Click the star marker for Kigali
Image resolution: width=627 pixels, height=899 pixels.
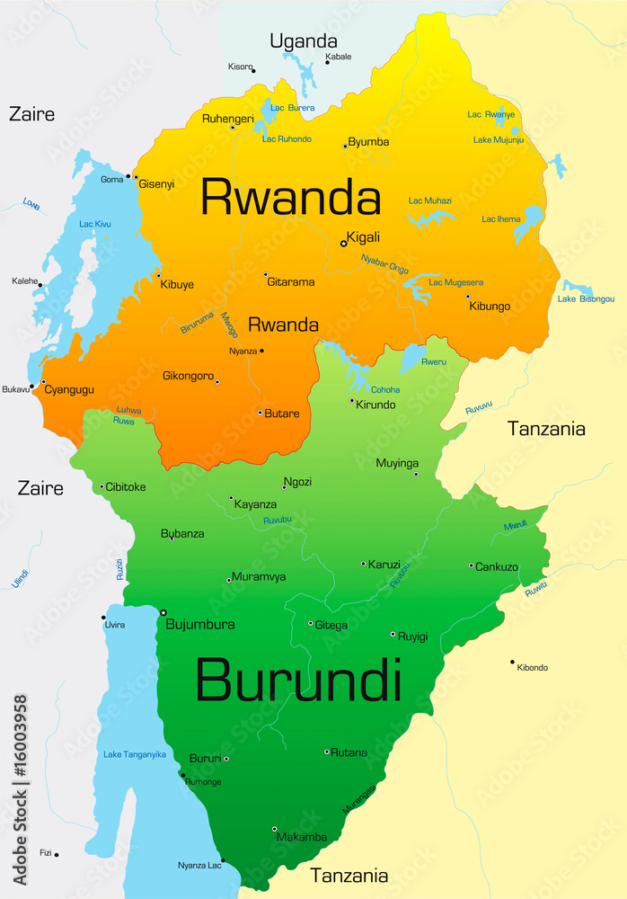(x=343, y=243)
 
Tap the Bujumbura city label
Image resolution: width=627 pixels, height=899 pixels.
(x=200, y=624)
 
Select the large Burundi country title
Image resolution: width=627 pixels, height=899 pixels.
(x=298, y=681)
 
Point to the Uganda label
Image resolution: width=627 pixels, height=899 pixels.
(x=304, y=41)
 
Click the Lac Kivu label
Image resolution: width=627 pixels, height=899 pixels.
(x=95, y=223)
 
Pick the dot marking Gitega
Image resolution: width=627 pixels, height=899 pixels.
(x=311, y=623)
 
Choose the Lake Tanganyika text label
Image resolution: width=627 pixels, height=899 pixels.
(x=135, y=754)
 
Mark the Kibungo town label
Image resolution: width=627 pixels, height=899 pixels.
(x=490, y=306)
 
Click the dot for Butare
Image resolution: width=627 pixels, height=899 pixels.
(x=260, y=413)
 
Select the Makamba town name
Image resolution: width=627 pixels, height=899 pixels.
(x=302, y=837)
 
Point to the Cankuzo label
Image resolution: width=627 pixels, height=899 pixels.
(x=497, y=566)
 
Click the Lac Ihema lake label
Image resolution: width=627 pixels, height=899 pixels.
(x=501, y=218)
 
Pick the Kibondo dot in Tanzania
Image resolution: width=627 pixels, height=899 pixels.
(x=513, y=662)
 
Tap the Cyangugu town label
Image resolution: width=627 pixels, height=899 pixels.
(x=69, y=390)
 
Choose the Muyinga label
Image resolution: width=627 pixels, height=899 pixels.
(x=398, y=464)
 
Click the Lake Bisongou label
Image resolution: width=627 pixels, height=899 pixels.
(x=586, y=298)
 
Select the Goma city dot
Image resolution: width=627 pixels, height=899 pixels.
(x=128, y=176)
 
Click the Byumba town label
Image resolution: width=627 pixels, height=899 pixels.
(x=368, y=142)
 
